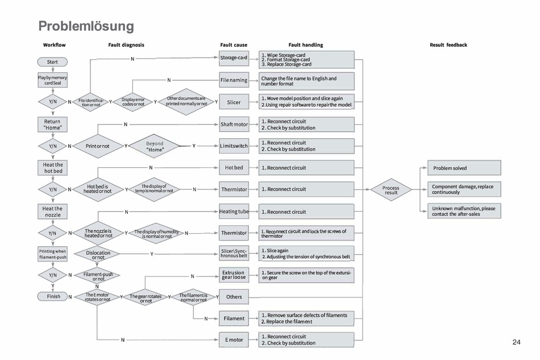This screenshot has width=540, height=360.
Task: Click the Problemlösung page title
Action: coord(86,26)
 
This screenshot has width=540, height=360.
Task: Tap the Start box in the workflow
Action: coord(52,61)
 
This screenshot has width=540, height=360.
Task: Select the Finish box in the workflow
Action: coord(53,296)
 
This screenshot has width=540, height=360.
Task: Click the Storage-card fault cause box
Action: coord(234,57)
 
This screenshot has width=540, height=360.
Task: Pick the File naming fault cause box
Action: coord(234,80)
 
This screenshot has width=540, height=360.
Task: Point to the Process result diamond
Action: coord(391,189)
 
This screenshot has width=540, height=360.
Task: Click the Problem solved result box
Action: coord(464,168)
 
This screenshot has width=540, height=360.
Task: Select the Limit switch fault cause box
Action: coord(234,146)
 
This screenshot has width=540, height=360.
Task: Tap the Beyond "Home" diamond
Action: coord(155,146)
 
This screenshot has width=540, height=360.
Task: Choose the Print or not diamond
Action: coord(97,146)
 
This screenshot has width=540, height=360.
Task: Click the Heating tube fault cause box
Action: coord(234,212)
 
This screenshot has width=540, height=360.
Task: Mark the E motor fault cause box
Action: coord(234,340)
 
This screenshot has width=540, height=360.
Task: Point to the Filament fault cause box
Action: coord(234,318)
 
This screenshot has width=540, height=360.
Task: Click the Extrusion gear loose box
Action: coord(234,275)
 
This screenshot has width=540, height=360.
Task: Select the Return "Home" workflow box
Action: coord(52,124)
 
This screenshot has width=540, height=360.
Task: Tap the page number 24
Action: coord(516,342)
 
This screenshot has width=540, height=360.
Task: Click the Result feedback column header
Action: coord(448,45)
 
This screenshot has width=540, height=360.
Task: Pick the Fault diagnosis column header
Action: coord(126,45)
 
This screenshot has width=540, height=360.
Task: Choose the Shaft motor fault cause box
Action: coord(234,124)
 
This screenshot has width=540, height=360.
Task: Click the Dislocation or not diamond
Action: coord(97,254)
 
